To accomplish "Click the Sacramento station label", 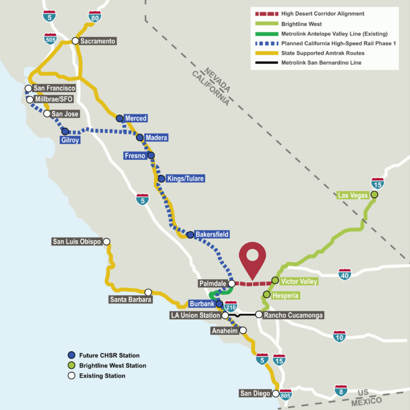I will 98,41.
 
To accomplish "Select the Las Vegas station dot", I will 374,195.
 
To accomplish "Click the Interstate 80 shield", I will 94,16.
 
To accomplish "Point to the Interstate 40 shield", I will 345,274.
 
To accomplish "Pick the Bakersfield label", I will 212,235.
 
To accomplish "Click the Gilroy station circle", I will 65,131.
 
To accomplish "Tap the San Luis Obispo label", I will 77,242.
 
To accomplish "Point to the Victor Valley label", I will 299,281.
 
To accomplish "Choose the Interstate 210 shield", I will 231,306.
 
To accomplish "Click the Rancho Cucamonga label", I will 293,316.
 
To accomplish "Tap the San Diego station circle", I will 275,393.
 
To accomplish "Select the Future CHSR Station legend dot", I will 71,355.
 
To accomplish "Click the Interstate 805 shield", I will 286,395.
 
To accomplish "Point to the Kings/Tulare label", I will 185,179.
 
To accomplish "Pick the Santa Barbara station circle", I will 148,292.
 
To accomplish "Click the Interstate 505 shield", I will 50,39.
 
